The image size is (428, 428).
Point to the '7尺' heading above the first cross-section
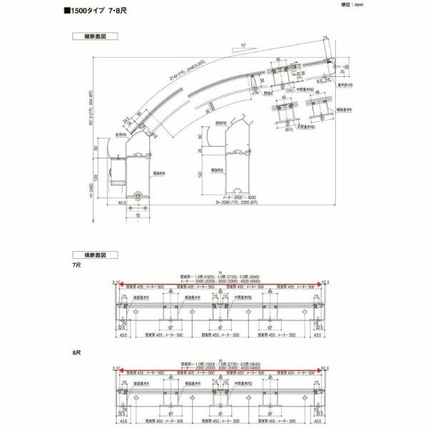78,265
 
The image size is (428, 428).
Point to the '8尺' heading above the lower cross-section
78,352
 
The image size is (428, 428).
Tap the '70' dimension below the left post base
138,213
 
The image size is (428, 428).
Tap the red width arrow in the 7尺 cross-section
218,283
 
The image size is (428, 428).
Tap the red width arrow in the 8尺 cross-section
218,371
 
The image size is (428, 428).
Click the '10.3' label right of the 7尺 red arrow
325,283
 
